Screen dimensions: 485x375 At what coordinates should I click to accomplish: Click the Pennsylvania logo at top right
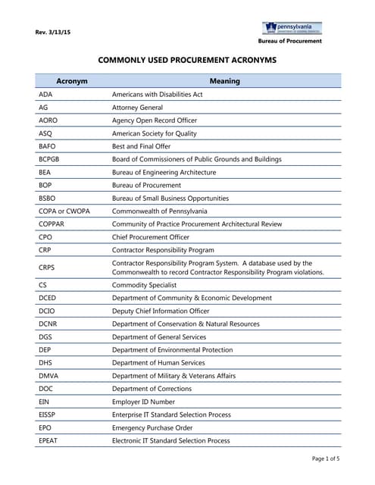pos(292,28)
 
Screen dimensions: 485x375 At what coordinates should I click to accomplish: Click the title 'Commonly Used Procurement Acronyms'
pos(188,59)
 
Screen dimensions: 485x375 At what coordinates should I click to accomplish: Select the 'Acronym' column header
pos(72,81)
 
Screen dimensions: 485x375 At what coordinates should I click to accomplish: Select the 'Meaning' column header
pos(225,81)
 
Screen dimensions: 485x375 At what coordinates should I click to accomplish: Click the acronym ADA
pos(45,95)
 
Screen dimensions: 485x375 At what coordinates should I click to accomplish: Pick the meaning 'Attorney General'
pos(138,108)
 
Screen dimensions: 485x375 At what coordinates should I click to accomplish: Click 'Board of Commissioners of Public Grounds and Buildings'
pos(196,159)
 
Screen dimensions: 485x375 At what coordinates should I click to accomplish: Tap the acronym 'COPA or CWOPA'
pos(64,211)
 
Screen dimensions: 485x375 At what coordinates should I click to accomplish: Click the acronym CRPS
pos(47,268)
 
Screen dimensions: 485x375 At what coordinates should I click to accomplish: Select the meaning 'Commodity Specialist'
pos(144,286)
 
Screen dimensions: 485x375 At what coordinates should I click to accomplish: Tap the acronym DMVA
pos(48,376)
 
